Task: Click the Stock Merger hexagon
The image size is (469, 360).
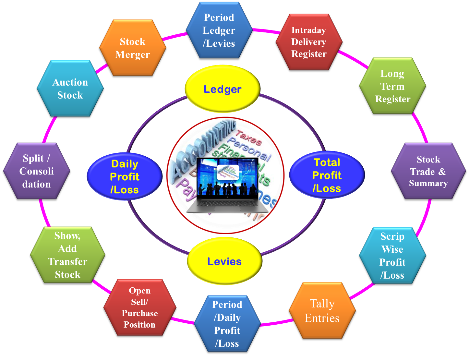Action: (133, 48)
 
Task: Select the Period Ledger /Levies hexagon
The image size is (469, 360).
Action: (219, 30)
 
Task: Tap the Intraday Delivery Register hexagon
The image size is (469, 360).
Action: (309, 42)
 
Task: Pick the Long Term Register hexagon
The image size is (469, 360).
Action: (392, 86)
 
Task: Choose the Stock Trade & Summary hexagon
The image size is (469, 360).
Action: (428, 171)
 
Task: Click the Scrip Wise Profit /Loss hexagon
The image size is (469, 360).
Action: (392, 256)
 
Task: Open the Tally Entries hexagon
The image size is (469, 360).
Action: (322, 311)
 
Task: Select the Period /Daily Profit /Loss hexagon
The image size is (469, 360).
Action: (227, 324)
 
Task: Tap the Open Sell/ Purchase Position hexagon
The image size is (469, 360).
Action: (139, 308)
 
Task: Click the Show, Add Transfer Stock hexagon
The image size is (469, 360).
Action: (67, 255)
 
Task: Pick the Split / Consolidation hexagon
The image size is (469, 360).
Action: (37, 171)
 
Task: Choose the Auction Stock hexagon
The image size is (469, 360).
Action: (70, 89)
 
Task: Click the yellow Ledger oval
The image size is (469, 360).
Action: (222, 89)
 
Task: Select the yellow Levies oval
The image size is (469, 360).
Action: (224, 261)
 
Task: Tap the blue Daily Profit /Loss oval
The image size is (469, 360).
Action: (125, 176)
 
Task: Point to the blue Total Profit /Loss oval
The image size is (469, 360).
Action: (327, 175)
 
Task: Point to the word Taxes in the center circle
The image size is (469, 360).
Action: (248, 138)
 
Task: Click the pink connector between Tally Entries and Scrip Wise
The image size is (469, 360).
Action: (362, 291)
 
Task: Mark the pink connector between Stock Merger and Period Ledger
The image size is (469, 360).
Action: (174, 36)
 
